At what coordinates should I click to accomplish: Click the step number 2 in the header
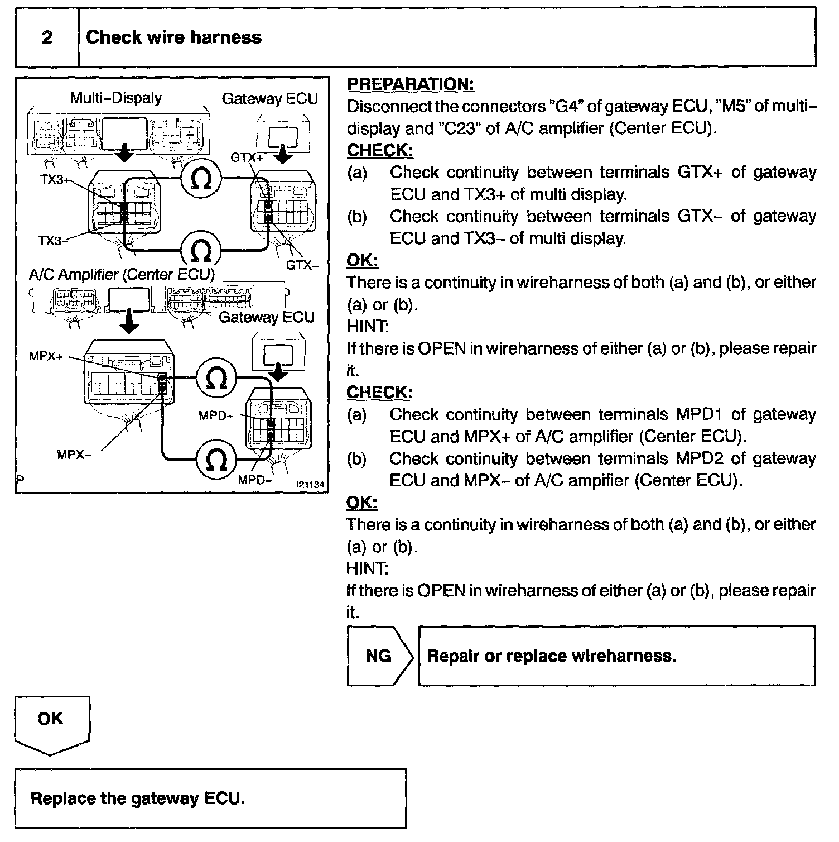(47, 37)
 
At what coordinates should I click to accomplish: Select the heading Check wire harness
(173, 37)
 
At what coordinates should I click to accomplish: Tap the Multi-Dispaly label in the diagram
(115, 98)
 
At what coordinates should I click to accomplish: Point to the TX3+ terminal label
(55, 180)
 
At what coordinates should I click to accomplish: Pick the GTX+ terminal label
(247, 157)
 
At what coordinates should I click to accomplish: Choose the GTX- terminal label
(302, 265)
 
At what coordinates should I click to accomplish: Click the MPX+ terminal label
(46, 356)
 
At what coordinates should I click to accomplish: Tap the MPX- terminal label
(74, 455)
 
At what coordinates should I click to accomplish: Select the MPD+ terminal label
(216, 415)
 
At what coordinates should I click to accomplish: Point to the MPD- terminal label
(254, 480)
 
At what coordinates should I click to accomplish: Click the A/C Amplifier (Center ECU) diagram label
(122, 275)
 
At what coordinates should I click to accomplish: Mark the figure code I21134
(310, 485)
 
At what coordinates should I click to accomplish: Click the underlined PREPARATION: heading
(410, 84)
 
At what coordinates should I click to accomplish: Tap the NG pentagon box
(379, 656)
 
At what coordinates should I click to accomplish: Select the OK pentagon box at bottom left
(51, 723)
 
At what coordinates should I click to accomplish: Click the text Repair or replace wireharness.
(551, 656)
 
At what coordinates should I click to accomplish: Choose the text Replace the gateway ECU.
(138, 798)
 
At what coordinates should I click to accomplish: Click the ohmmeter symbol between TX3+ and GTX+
(201, 179)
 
